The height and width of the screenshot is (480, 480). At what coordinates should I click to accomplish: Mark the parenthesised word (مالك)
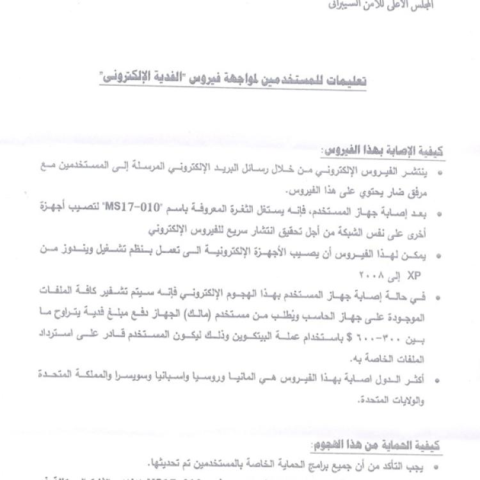point(264,314)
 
